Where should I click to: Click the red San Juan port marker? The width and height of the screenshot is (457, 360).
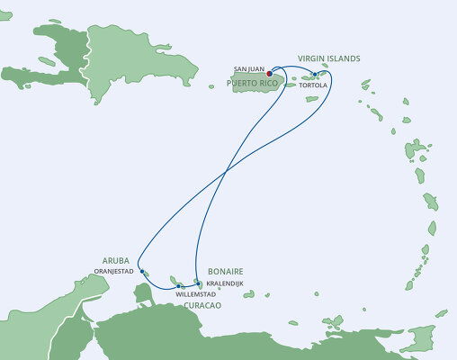tap(269, 75)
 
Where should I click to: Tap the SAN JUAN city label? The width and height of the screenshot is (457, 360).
tap(247, 68)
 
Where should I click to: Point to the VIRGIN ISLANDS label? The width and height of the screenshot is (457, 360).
tap(328, 58)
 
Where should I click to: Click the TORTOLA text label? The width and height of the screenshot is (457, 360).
tap(313, 86)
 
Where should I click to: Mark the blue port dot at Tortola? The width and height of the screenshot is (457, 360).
tap(314, 75)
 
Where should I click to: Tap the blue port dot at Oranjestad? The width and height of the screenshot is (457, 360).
tap(144, 271)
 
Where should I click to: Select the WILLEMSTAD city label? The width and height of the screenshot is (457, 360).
tap(196, 294)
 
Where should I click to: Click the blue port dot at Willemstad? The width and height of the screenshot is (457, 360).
tap(181, 286)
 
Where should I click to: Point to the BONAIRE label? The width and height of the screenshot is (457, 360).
tap(226, 271)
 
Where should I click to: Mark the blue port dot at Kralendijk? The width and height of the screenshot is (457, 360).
tap(198, 283)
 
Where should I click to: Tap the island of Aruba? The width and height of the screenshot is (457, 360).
tap(147, 274)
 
